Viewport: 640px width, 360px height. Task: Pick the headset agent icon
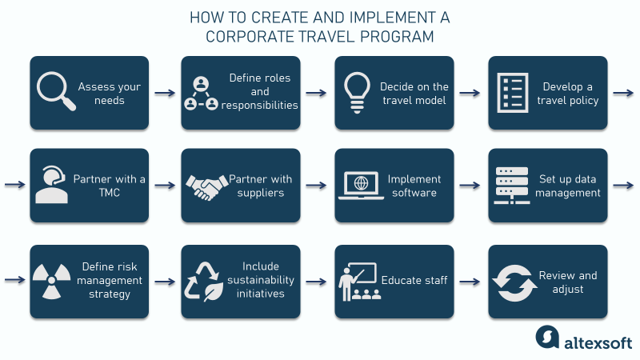click(53, 186)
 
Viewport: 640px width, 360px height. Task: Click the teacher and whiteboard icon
click(358, 282)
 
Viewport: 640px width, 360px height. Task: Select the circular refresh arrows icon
click(512, 282)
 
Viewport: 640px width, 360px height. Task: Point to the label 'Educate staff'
click(414, 281)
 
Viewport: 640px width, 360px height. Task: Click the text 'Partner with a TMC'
click(109, 186)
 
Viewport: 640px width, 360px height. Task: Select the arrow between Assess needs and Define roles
click(164, 93)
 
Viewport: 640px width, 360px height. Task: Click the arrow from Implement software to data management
click(470, 186)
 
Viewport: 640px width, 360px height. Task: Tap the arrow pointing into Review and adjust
click(470, 282)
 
